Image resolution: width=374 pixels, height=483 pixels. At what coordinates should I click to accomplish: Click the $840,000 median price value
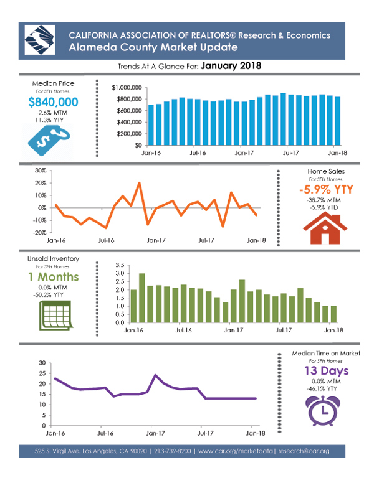(x=53, y=102)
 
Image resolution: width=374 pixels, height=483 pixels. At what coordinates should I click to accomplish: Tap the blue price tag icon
(x=49, y=141)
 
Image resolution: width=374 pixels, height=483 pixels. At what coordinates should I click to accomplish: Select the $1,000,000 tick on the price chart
(x=127, y=88)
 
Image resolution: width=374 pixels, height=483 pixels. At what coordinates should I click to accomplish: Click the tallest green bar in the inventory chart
(x=142, y=298)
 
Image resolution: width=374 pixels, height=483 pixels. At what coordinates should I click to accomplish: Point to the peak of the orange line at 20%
(x=139, y=183)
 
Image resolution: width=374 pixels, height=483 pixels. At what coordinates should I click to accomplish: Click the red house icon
(x=325, y=228)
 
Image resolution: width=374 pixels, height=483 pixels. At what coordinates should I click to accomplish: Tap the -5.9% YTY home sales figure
(x=326, y=189)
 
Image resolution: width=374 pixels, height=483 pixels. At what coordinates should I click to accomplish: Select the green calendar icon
(x=56, y=316)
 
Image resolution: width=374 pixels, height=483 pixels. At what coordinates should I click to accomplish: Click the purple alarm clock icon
(x=323, y=410)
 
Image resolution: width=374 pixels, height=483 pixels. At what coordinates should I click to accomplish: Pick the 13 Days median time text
(x=327, y=371)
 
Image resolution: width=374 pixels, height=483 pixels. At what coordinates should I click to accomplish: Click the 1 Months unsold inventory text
(x=54, y=277)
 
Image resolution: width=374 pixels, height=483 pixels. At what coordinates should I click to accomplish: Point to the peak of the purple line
(x=155, y=375)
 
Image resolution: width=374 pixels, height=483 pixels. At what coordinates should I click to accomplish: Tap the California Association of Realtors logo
(x=40, y=40)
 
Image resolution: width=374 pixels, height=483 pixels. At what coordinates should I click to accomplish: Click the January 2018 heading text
(x=231, y=65)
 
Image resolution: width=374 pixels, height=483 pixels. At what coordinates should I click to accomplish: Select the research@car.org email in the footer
(x=304, y=451)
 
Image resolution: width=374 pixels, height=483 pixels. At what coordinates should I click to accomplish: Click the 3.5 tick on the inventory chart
(x=120, y=265)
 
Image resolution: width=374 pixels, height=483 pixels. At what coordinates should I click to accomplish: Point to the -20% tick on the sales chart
(x=40, y=233)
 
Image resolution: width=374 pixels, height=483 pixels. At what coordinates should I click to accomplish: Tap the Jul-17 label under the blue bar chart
(x=291, y=153)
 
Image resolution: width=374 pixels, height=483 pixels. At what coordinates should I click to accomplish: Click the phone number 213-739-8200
(x=173, y=451)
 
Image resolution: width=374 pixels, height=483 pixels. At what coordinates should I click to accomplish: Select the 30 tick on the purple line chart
(x=42, y=363)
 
